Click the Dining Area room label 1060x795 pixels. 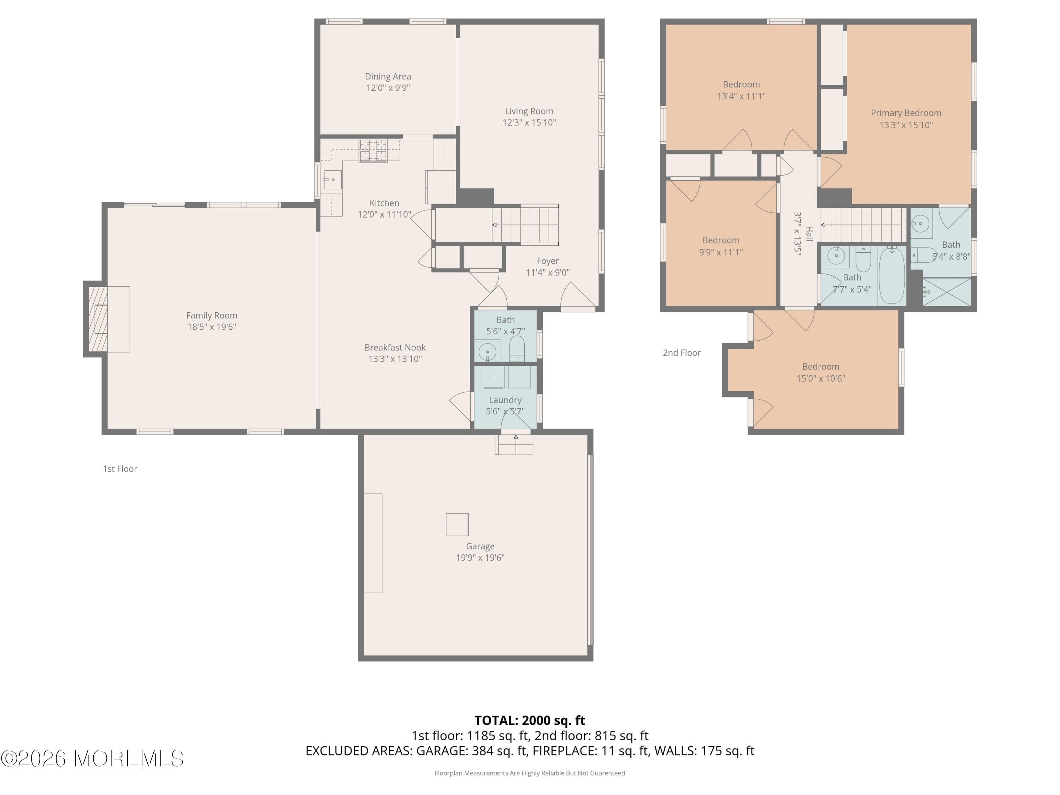click(x=388, y=76)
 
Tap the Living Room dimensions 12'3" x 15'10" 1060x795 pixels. click(x=529, y=123)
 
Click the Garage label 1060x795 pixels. click(x=480, y=546)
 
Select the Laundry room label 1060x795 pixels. click(x=505, y=400)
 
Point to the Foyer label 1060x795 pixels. click(x=547, y=261)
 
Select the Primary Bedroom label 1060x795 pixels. click(x=906, y=113)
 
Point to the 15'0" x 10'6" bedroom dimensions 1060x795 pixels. click(x=820, y=378)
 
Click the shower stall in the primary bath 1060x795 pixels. click(x=947, y=291)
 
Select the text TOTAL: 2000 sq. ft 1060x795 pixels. click(x=530, y=720)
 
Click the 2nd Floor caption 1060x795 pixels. click(x=682, y=353)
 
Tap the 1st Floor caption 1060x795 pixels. click(x=120, y=469)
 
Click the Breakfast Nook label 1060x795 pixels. click(x=395, y=347)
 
